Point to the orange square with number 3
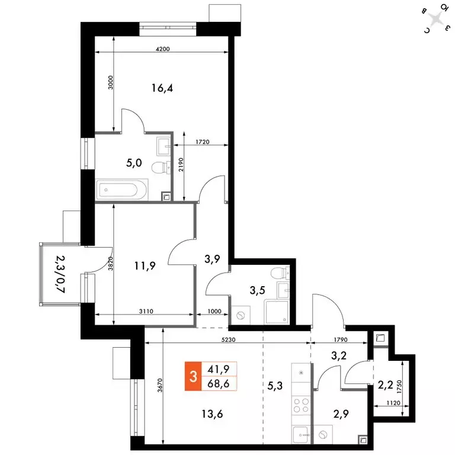point(192,376)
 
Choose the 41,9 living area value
point(219,369)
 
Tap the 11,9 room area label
point(145,266)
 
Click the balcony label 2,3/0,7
point(60,274)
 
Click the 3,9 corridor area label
point(212,259)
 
